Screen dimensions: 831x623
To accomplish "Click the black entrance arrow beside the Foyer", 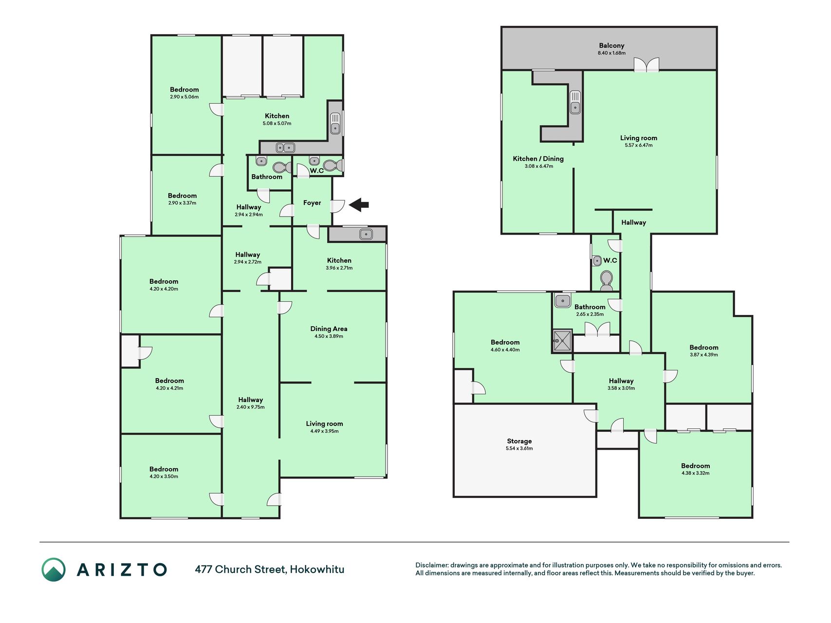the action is (359, 205).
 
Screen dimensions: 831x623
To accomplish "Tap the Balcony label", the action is (611, 45).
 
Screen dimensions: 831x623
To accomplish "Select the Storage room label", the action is (519, 441).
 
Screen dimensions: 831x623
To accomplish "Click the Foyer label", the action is (312, 203).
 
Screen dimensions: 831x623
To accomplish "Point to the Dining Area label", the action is (329, 329).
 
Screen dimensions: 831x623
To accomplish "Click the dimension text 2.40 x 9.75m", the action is (250, 407).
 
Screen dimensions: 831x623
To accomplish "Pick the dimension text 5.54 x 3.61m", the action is (519, 449).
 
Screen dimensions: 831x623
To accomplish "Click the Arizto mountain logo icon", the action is (53, 569).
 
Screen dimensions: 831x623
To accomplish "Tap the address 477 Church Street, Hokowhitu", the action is (270, 569).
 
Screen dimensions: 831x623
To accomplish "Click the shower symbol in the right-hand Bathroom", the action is (562, 341).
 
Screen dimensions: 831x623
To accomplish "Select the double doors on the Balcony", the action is (646, 65).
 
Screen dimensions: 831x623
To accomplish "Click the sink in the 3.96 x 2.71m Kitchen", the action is (366, 235).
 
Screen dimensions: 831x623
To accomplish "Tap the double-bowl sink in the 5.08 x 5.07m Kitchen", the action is (285, 147).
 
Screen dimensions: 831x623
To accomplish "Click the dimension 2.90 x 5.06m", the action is (184, 97).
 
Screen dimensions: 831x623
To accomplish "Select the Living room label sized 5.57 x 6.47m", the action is (638, 138).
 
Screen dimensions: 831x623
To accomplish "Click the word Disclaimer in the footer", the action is (431, 565).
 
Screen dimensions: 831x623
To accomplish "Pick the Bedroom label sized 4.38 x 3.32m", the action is (695, 466).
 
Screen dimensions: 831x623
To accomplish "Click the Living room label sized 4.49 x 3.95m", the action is (324, 423).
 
